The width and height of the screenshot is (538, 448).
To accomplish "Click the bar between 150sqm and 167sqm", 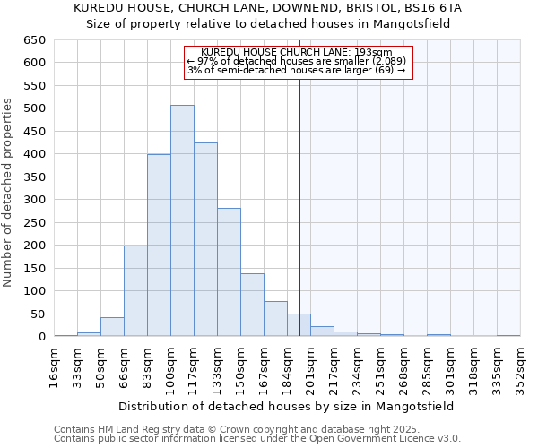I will point(252,305).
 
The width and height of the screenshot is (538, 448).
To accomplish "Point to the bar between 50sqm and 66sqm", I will point(112,327).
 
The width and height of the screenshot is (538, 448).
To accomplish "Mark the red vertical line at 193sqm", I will point(299,197).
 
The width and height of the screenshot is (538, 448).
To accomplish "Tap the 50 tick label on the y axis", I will point(38,314).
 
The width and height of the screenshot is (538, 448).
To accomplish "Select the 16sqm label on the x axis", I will point(54,366).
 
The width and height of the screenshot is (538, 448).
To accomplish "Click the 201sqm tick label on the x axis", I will point(310,366).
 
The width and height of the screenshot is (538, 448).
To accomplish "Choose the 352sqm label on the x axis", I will point(520,366).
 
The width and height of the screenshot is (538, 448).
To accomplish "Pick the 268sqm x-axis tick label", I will point(403,366).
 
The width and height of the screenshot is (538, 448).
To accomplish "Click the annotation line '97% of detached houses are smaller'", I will point(297,61).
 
